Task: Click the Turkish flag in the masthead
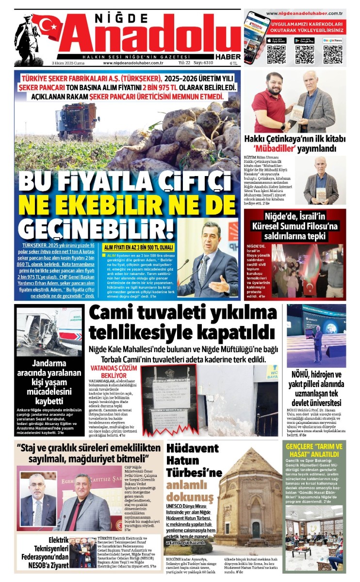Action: coord(47,27)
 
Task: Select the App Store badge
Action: coord(277,40)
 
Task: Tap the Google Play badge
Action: coord(304,40)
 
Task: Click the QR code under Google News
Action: coord(332,54)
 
